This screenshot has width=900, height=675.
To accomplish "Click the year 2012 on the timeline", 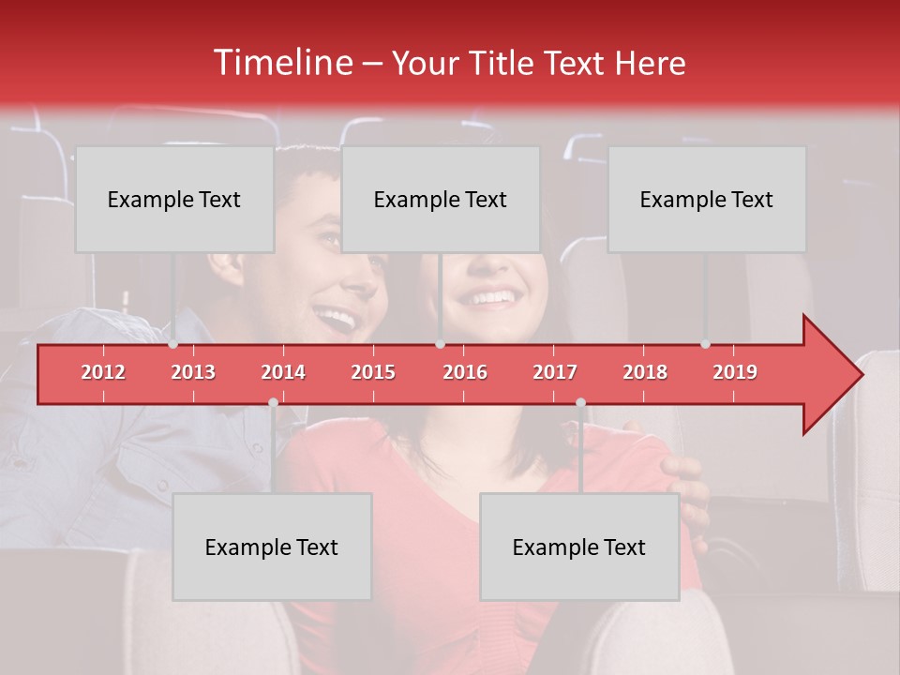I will (x=103, y=372).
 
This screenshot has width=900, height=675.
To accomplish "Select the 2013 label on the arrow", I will (x=193, y=372).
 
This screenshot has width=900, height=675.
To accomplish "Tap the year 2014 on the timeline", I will (x=283, y=372).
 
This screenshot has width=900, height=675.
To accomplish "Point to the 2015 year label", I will (x=373, y=372).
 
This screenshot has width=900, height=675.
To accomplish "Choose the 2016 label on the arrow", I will (x=465, y=372).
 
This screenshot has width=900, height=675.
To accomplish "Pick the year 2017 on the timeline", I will (x=555, y=372).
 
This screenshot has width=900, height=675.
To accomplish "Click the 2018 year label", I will (x=645, y=372).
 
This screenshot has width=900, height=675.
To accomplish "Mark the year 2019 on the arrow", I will (x=735, y=372).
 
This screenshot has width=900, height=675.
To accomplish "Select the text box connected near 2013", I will (x=174, y=199).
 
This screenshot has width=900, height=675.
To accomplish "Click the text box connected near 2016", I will (x=441, y=199).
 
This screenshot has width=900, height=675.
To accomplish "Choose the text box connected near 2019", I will (x=707, y=199).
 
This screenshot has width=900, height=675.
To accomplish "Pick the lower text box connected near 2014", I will (x=272, y=547).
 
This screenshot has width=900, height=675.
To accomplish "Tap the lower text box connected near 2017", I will (x=579, y=547).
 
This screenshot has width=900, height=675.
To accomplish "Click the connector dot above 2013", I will (x=173, y=344).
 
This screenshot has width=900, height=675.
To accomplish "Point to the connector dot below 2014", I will (x=273, y=403).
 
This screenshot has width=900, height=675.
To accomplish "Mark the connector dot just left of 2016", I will (x=440, y=344).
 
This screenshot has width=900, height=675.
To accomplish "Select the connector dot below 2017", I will (x=580, y=403).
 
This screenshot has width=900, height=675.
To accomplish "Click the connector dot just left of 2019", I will (x=705, y=344).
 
